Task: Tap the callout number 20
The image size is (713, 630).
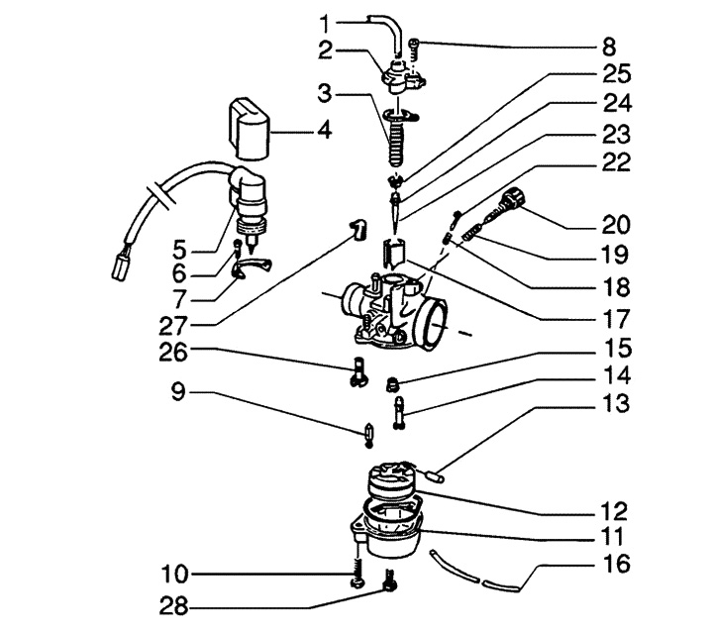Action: coord(617,224)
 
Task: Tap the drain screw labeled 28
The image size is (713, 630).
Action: coord(391,587)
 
